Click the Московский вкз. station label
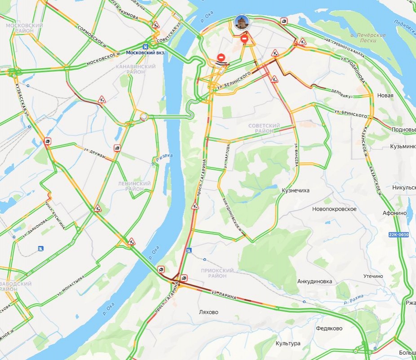146,53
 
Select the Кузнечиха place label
296,191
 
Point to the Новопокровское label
334,209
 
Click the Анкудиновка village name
314,281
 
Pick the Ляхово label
208,312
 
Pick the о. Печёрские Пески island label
368,38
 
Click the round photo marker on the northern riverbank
242,22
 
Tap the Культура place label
288,343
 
